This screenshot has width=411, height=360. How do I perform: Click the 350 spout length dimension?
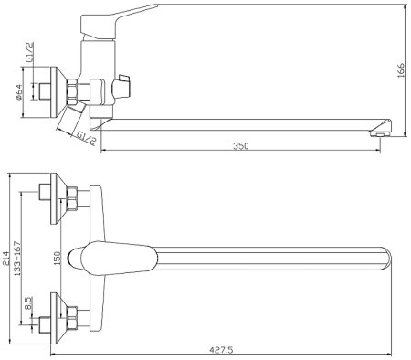[241, 146]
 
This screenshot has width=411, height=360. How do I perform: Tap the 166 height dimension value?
[402, 70]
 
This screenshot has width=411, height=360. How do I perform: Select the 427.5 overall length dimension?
[221, 350]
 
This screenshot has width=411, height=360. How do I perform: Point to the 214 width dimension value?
[6, 259]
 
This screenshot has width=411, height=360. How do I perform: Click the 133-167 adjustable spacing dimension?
[17, 259]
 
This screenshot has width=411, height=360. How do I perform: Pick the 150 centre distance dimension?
[58, 258]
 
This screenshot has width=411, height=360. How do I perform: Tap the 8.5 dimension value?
[28, 303]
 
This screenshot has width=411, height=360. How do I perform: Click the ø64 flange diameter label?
[18, 92]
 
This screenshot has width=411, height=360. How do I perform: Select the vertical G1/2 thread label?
[29, 53]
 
